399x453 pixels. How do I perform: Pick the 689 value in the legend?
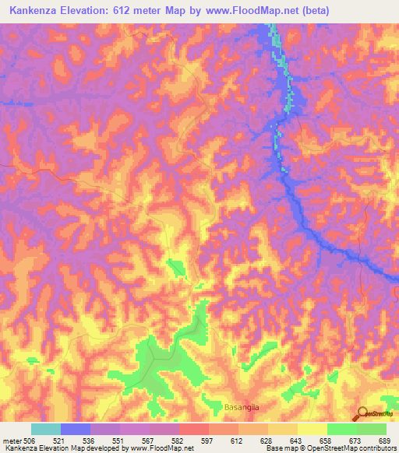point(383,440)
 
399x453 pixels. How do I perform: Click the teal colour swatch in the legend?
point(46,429)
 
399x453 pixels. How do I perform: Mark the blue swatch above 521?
point(76,429)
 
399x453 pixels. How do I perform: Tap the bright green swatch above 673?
point(341,429)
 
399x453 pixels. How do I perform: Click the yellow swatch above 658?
point(312,429)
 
